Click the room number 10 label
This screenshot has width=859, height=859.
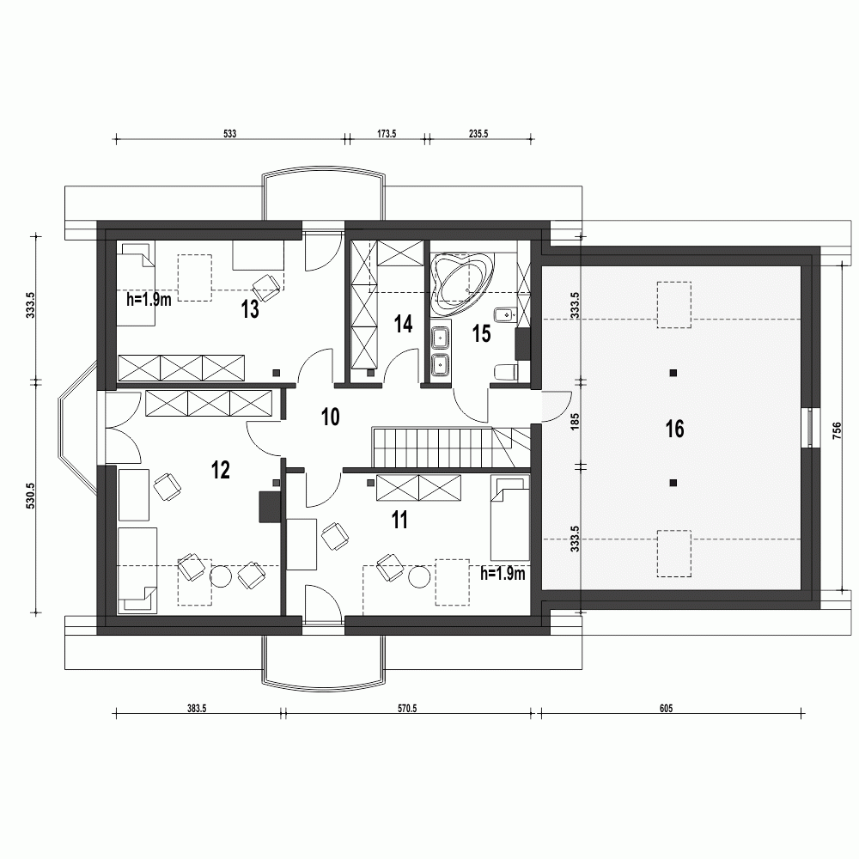(330, 417)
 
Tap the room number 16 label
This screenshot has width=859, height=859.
(674, 429)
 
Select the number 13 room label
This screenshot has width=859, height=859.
(250, 310)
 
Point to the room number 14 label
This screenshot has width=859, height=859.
(403, 324)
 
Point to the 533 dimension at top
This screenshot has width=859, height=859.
(229, 134)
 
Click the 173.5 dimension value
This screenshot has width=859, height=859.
(386, 134)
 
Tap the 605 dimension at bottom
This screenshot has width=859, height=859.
(666, 709)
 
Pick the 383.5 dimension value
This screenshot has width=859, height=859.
(197, 709)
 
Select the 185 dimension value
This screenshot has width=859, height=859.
(575, 422)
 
